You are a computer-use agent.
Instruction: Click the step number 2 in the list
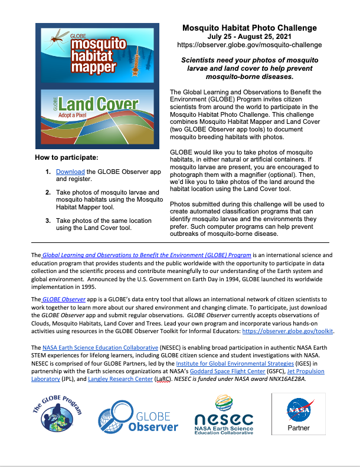pyautogui.click(x=48, y=193)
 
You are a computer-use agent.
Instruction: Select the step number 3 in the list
pyautogui.click(x=48, y=221)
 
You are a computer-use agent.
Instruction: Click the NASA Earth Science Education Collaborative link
pyautogui.click(x=100, y=348)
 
